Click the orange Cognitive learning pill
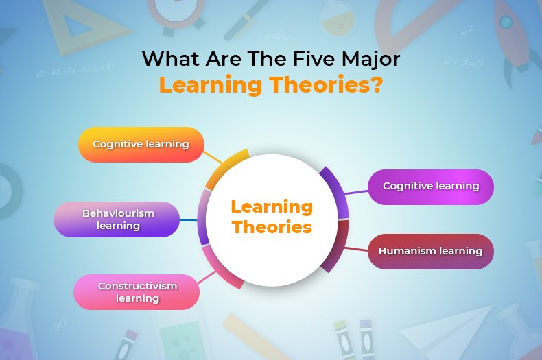141,144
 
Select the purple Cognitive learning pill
431,187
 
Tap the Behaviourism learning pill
118,219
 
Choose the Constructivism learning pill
137,292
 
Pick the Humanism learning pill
430,251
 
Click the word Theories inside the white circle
272,227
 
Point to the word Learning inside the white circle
272,206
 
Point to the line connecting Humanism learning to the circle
357,248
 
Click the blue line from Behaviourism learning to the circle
189,220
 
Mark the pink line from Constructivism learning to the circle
207,276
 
